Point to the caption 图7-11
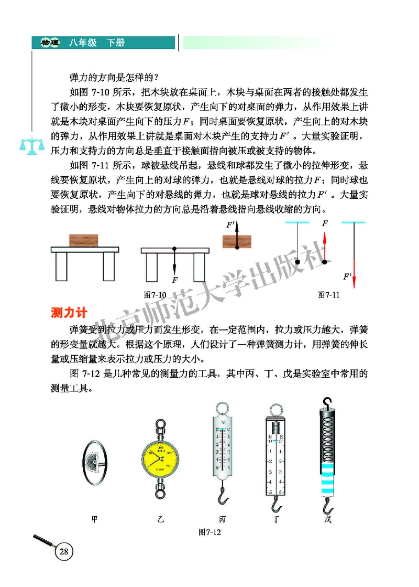[x=329, y=295]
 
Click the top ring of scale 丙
[x=223, y=409]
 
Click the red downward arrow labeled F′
[x=355, y=273]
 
